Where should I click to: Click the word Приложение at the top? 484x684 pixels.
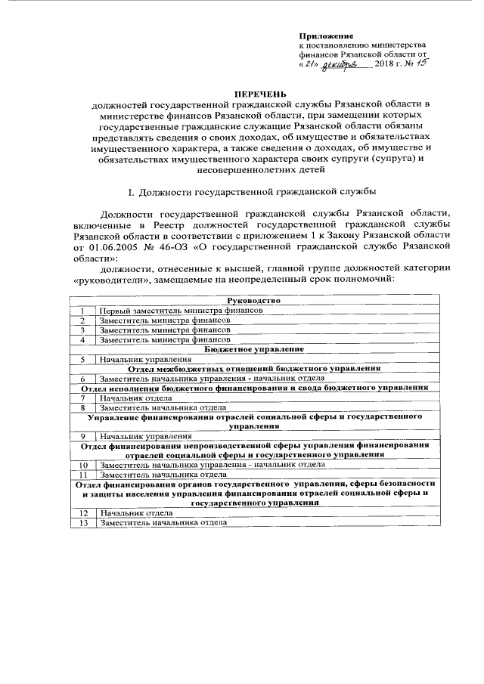327,36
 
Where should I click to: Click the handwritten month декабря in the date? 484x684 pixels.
343,67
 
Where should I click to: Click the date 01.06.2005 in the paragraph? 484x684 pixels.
113,246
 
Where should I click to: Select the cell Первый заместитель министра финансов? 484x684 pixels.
181,311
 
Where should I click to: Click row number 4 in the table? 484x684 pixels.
82,340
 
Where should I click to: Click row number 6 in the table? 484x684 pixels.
82,378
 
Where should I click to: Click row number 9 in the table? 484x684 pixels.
82,436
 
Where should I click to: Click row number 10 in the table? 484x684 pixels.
82,465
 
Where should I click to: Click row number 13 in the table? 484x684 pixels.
82,522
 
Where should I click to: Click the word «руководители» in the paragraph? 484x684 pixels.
110,279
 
